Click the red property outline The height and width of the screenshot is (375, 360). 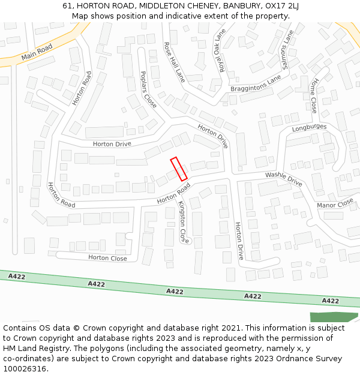pos(179,169)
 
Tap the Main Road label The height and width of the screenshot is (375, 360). pos(37,52)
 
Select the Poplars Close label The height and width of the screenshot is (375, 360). pos(148,89)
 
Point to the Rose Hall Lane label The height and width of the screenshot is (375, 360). pos(174,61)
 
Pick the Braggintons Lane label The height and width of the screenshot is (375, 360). pos(256,84)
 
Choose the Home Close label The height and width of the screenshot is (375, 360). pos(313,95)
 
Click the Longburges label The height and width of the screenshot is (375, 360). pos(309,127)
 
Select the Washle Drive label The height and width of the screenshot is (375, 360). pos(284,178)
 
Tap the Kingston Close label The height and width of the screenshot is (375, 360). pos(184,222)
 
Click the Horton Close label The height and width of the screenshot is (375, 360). pos(107,258)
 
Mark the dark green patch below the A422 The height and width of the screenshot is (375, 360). pos(334,317)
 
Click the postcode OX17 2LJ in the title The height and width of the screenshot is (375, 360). pos(280,5)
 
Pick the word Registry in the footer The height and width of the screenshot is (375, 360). pos(58,349)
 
